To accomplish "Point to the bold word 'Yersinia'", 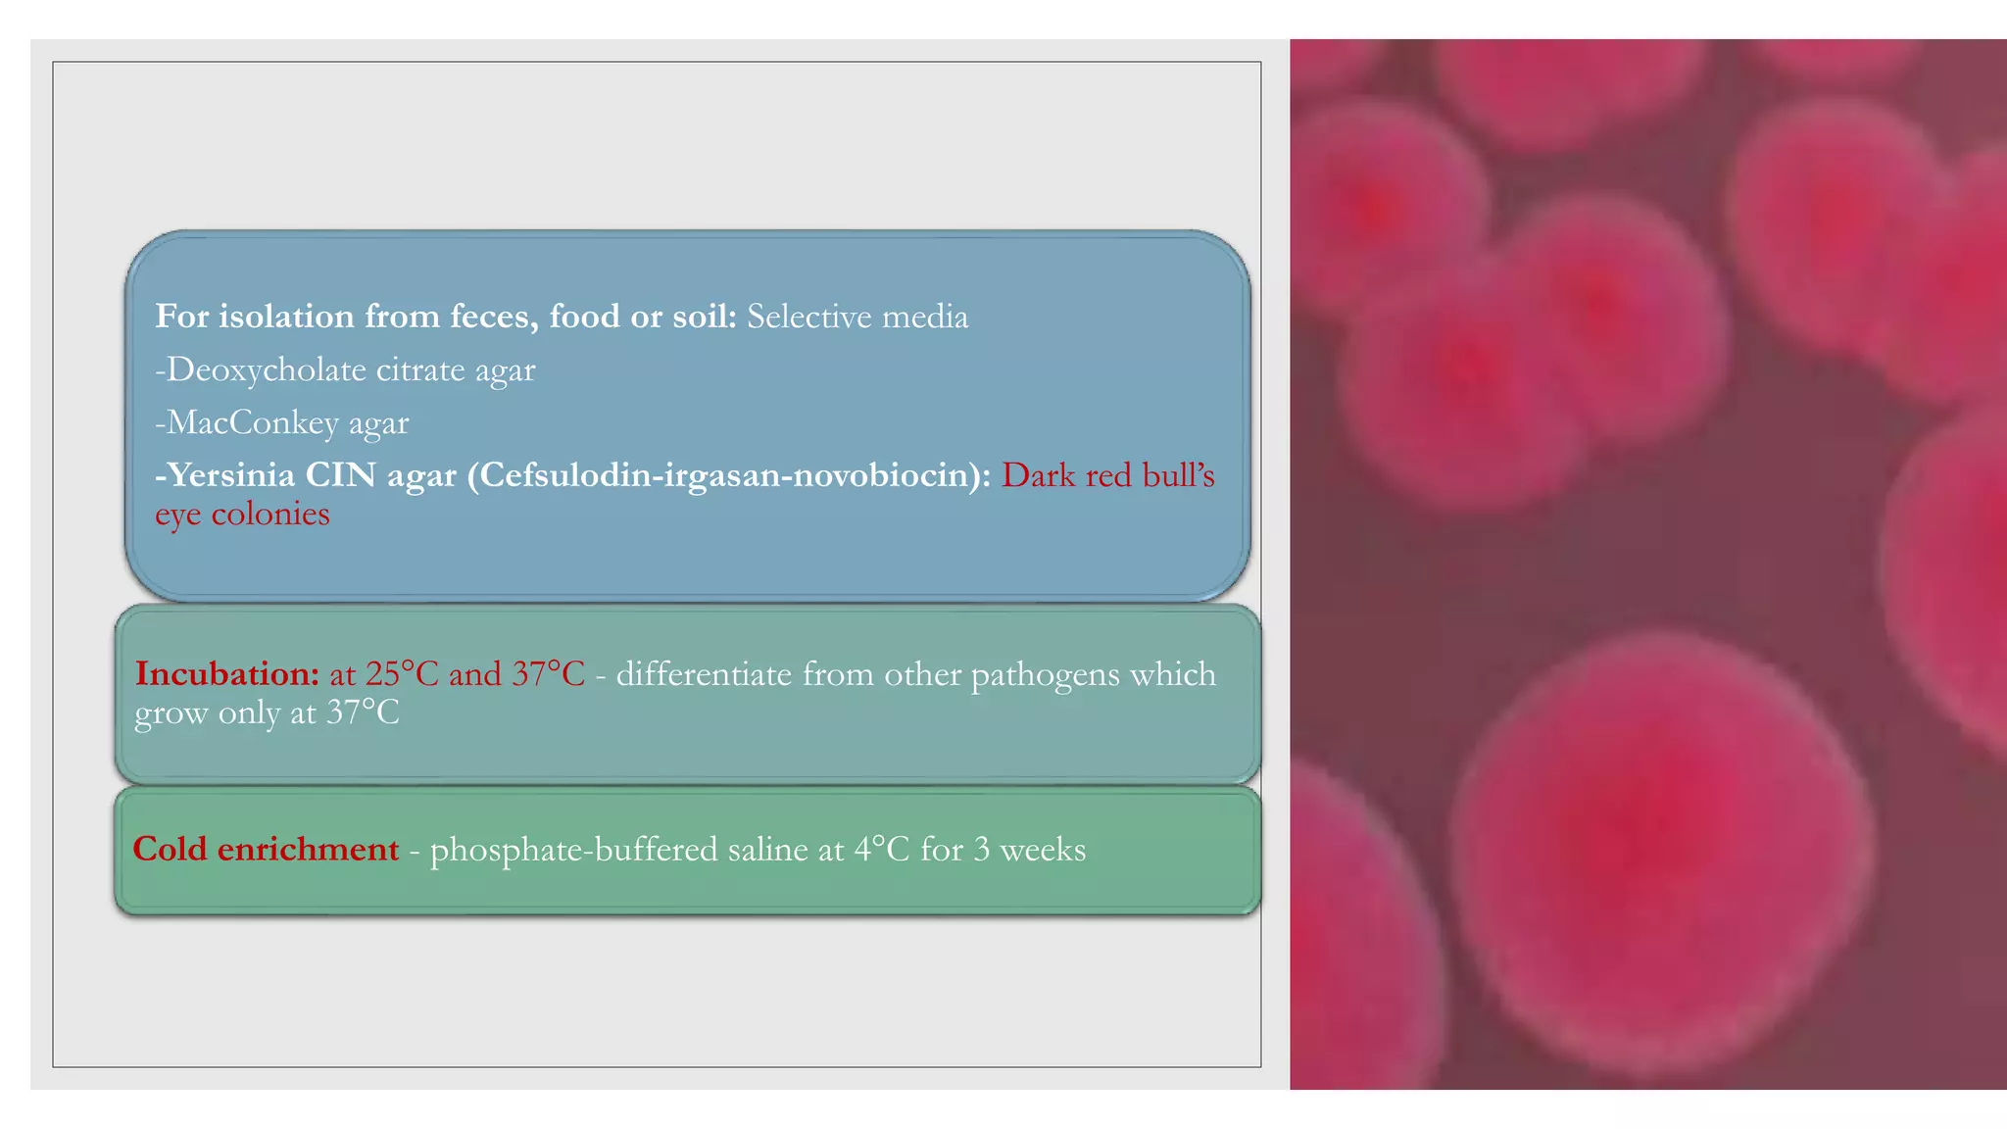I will click(230, 475).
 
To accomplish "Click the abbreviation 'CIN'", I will click(340, 475).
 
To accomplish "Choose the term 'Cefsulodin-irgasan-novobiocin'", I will click(728, 475).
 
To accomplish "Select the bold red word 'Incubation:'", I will click(227, 674).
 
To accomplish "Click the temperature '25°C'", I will click(402, 674).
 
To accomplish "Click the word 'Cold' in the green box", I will click(170, 849).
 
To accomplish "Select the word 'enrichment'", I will click(308, 849).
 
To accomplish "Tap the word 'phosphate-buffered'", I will click(574, 850).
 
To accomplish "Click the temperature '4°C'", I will click(882, 849).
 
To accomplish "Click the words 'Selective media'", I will click(857, 317).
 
